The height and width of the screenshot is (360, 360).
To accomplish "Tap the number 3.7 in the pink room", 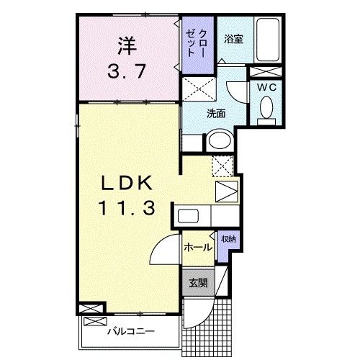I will point(126,73).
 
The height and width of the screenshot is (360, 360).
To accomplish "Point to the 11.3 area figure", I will point(126,209).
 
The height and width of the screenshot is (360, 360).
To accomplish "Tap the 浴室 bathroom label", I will point(233,40).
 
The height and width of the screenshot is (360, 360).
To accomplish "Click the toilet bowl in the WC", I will point(265,109).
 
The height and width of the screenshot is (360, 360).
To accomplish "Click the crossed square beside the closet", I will point(198,89).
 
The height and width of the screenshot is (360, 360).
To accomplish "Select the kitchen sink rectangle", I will point(189,215).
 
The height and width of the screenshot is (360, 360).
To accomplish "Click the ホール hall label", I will point(198,248).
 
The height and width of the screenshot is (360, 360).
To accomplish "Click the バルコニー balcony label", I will point(131,332).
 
